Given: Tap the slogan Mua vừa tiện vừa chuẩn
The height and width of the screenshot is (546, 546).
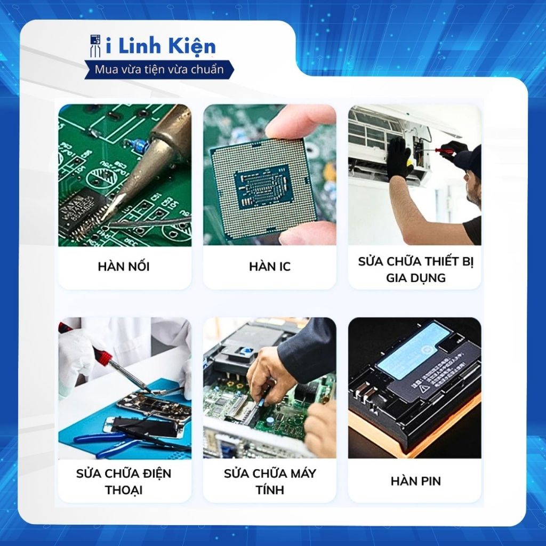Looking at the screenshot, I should [159, 69].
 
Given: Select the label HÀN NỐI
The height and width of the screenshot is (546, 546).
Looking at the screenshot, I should [124, 267].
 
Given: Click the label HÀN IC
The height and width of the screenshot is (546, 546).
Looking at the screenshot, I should [269, 267].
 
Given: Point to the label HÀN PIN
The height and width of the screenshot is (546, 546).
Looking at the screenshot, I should [415, 481].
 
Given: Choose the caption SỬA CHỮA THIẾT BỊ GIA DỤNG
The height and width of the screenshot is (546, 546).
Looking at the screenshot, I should [415, 269].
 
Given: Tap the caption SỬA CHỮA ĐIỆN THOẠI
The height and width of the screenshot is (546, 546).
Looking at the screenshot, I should [124, 481].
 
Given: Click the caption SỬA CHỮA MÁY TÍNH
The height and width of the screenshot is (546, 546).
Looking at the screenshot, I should [269, 481].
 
